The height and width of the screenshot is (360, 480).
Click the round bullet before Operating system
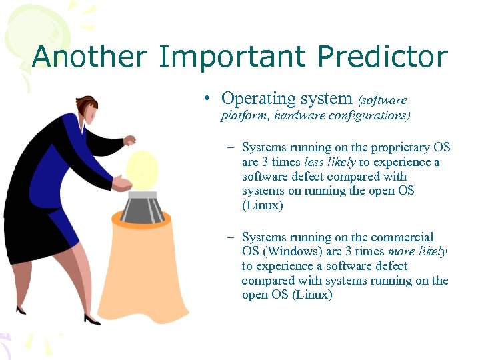pyautogui.click(x=209, y=99)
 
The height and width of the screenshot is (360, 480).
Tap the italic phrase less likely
pyautogui.click(x=330, y=162)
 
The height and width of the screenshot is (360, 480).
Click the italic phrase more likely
pyautogui.click(x=419, y=251)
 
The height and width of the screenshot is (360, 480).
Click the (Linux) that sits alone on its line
pyautogui.click(x=263, y=205)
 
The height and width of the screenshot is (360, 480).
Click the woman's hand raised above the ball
pyautogui.click(x=130, y=141)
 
